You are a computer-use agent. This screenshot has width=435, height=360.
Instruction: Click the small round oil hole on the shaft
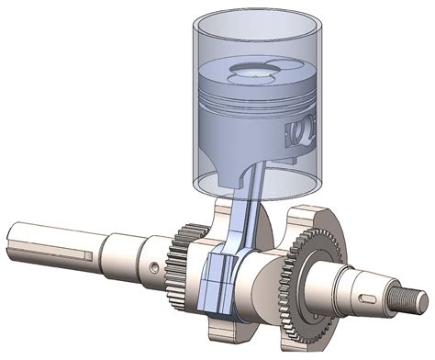(153, 268)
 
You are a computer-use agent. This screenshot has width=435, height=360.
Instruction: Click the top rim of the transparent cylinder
(252, 16)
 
